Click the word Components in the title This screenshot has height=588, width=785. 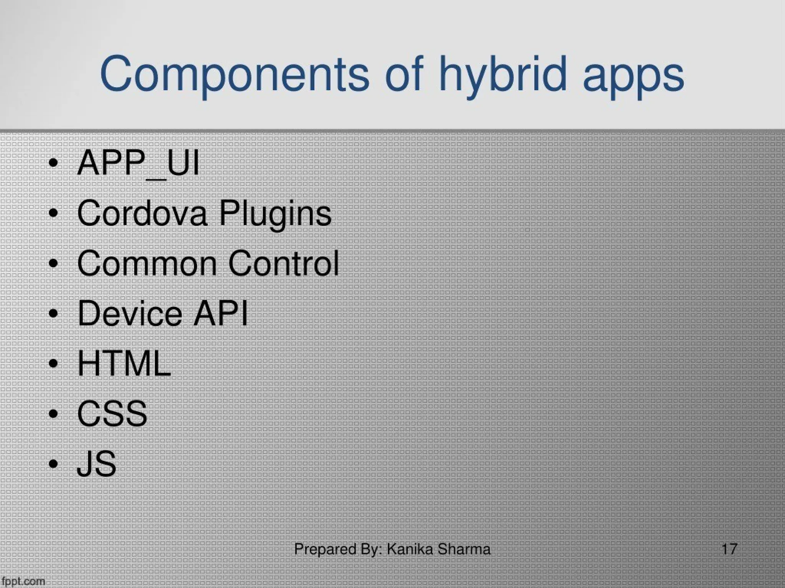click(234, 75)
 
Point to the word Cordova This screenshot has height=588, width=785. click(142, 213)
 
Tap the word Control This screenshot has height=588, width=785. click(284, 263)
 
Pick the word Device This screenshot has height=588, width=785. click(130, 313)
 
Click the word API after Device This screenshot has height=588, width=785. click(220, 313)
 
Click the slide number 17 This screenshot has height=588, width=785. click(729, 549)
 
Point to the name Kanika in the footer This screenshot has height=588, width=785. click(410, 549)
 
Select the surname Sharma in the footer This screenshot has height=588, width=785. click(464, 549)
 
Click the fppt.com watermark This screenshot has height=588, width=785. click(23, 581)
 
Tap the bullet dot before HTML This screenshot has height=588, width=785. click(54, 364)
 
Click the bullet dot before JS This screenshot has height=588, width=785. click(54, 464)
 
